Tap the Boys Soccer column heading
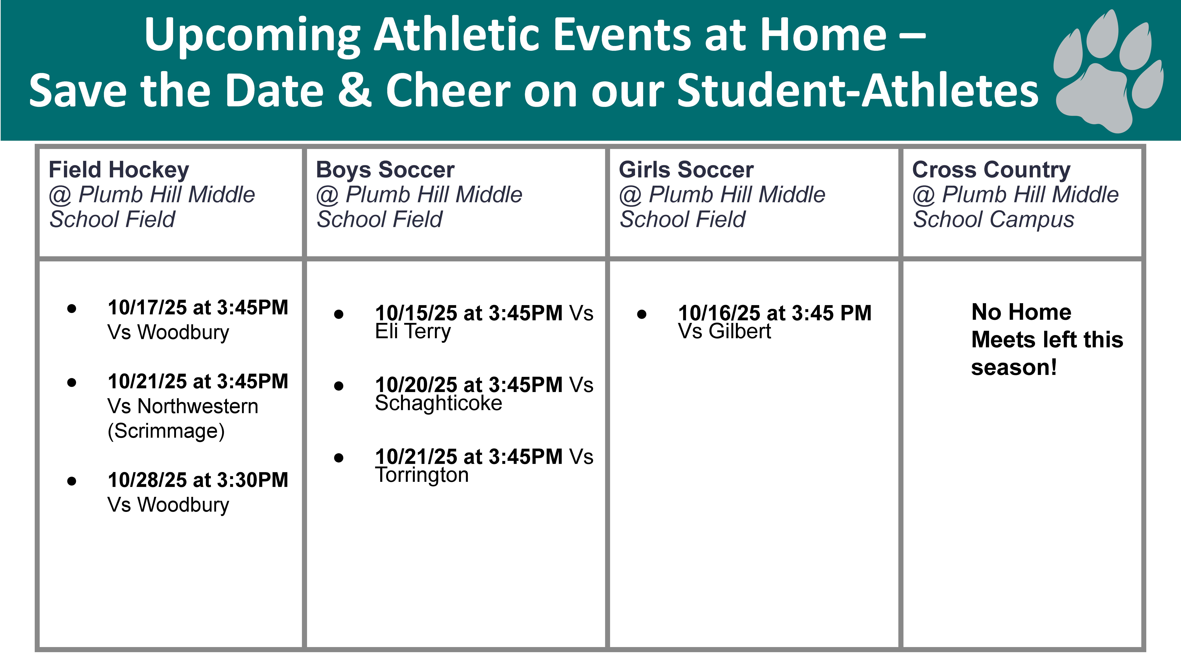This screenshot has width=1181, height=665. click(385, 170)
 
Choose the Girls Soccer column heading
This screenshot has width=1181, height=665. click(686, 170)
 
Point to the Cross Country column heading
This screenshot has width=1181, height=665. click(991, 170)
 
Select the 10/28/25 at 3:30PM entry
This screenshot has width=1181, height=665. click(198, 480)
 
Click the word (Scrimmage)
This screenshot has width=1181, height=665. click(166, 431)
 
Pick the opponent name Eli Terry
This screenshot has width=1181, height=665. click(413, 331)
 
